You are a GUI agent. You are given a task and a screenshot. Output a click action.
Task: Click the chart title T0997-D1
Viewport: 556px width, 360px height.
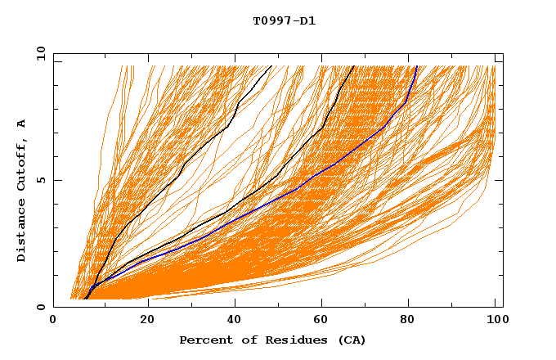click(284, 20)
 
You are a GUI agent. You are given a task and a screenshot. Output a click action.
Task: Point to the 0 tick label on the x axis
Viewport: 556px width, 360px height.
click(53, 321)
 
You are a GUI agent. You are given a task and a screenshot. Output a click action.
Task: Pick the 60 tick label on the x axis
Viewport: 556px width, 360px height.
click(325, 321)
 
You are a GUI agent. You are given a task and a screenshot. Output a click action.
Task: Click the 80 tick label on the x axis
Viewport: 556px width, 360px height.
click(414, 321)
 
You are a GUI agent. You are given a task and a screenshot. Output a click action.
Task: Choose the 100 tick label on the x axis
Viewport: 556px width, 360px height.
click(495, 321)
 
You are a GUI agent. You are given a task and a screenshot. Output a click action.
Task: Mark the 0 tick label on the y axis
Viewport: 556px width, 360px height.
click(40, 308)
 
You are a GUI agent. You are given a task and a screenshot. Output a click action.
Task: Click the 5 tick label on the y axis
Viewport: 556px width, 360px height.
click(40, 180)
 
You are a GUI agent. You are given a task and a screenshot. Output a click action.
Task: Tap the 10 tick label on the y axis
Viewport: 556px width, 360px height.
click(38, 53)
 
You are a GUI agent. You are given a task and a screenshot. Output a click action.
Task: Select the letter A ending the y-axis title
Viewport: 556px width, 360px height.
click(22, 123)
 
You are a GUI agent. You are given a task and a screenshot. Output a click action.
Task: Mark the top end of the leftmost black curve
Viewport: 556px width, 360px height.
click(271, 66)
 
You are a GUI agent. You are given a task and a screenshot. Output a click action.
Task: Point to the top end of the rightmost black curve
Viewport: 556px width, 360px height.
click(353, 66)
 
